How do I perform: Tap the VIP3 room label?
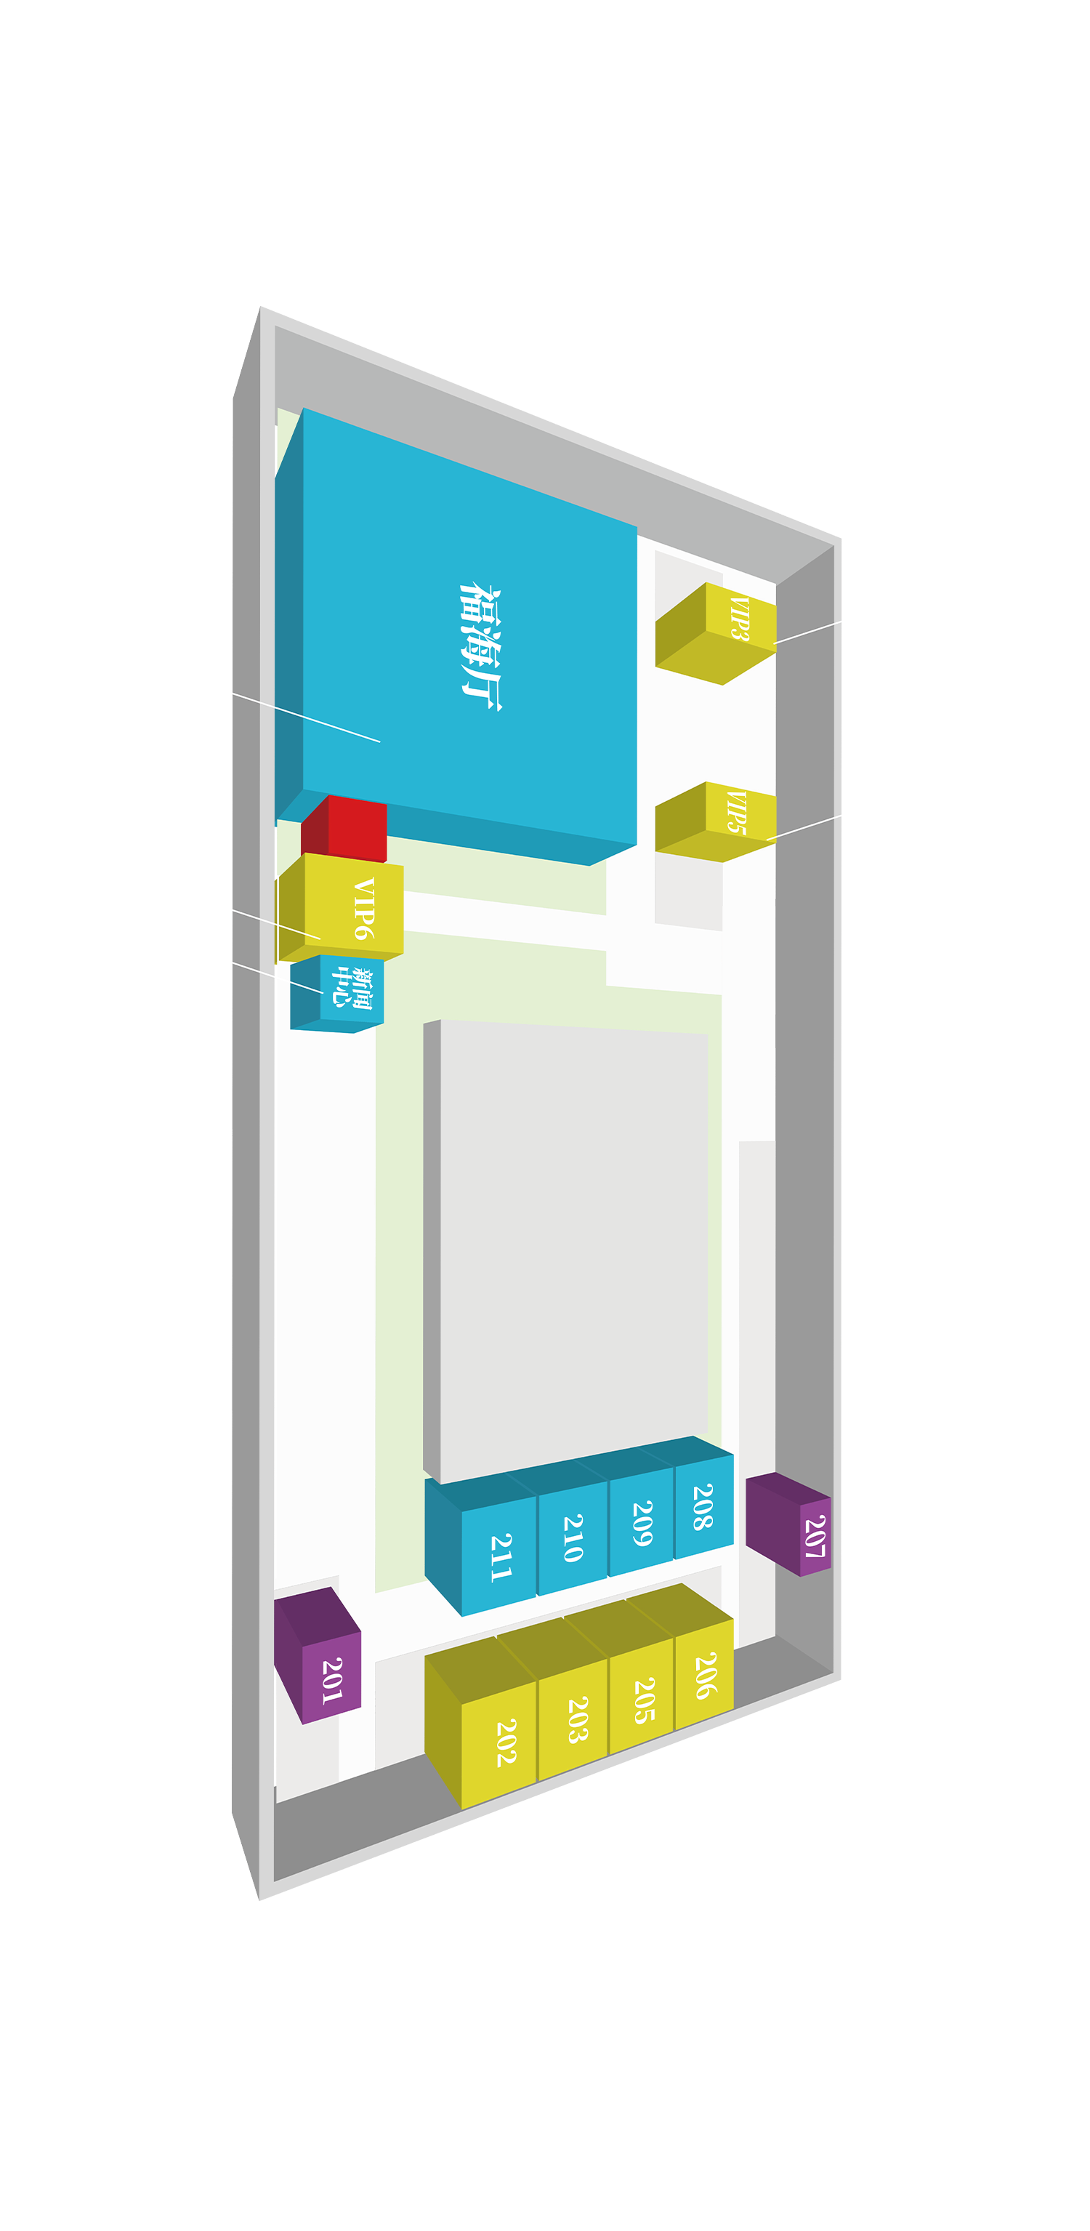[739, 617]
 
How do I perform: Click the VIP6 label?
[365, 908]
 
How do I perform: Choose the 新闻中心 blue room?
[336, 994]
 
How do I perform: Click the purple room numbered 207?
[788, 1524]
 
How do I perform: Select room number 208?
[703, 1506]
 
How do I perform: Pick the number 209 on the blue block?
[642, 1524]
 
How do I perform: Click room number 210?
[573, 1539]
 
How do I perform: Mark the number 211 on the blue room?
[501, 1558]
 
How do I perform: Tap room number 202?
[506, 1742]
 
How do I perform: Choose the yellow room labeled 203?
[578, 1719]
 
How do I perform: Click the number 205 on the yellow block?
[644, 1700]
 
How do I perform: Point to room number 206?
[706, 1675]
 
